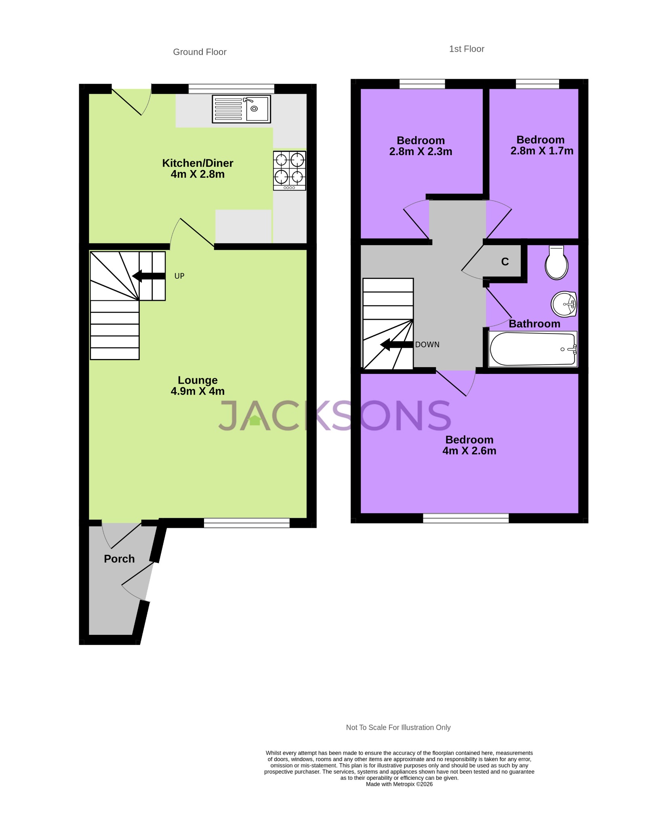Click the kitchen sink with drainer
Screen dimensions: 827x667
pos(241,109)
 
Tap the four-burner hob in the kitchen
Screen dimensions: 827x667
pos(289,170)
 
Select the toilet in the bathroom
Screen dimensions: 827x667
pos(556,263)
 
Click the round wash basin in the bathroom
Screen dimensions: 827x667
pos(564,304)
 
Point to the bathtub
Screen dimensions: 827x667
pos(532,349)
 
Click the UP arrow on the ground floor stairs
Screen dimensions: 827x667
pos(149,276)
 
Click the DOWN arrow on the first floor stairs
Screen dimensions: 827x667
pos(397,344)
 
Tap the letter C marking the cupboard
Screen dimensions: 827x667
pos(505,262)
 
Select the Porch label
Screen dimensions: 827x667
pos(119,559)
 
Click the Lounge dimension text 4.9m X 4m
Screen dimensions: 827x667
pos(198,391)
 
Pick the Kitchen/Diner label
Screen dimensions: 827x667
pos(198,163)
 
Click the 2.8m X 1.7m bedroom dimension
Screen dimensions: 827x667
pos(542,151)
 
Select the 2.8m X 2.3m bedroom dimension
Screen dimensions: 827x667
pos(421,152)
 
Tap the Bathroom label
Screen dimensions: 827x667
pos(534,324)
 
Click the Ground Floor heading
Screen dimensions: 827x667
pos(200,52)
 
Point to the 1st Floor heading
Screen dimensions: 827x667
pos(467,49)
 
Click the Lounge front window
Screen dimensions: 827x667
pos(246,523)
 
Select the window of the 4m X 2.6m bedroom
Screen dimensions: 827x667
pos(465,518)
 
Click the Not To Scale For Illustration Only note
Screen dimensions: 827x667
pos(398,727)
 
